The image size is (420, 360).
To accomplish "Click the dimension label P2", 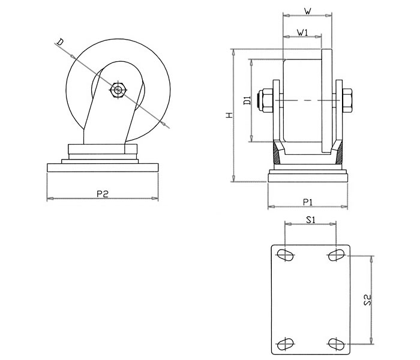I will click(102, 193).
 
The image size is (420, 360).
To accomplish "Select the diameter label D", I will click(60, 41).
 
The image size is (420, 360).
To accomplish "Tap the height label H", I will click(229, 114).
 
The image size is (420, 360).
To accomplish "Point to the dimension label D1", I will click(247, 100).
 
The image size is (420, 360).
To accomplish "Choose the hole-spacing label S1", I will click(310, 220).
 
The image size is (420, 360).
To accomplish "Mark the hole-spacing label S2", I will click(368, 300).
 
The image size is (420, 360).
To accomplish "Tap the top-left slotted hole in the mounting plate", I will click(286, 255).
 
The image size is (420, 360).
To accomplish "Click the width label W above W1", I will click(307, 10).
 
